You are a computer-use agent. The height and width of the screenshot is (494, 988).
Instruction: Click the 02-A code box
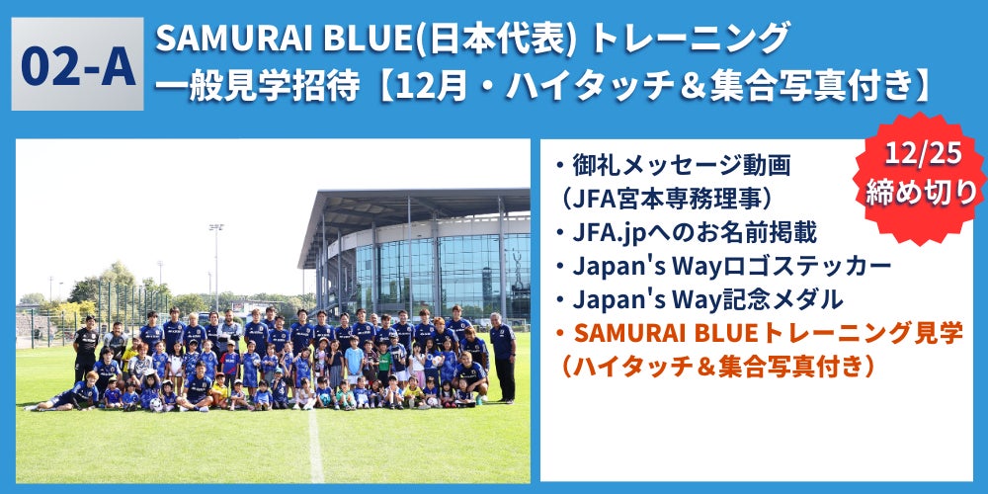[77, 63]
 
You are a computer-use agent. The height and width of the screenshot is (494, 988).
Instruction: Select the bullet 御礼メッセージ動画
[673, 166]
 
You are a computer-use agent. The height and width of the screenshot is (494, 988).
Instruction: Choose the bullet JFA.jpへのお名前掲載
[687, 233]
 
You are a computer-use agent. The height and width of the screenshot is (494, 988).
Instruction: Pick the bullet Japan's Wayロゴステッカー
[723, 266]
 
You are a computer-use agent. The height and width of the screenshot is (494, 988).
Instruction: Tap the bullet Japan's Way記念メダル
[700, 300]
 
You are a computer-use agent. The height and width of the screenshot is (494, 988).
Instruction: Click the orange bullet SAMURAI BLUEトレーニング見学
[759, 333]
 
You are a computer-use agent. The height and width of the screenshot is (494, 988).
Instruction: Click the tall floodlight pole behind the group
[216, 267]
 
